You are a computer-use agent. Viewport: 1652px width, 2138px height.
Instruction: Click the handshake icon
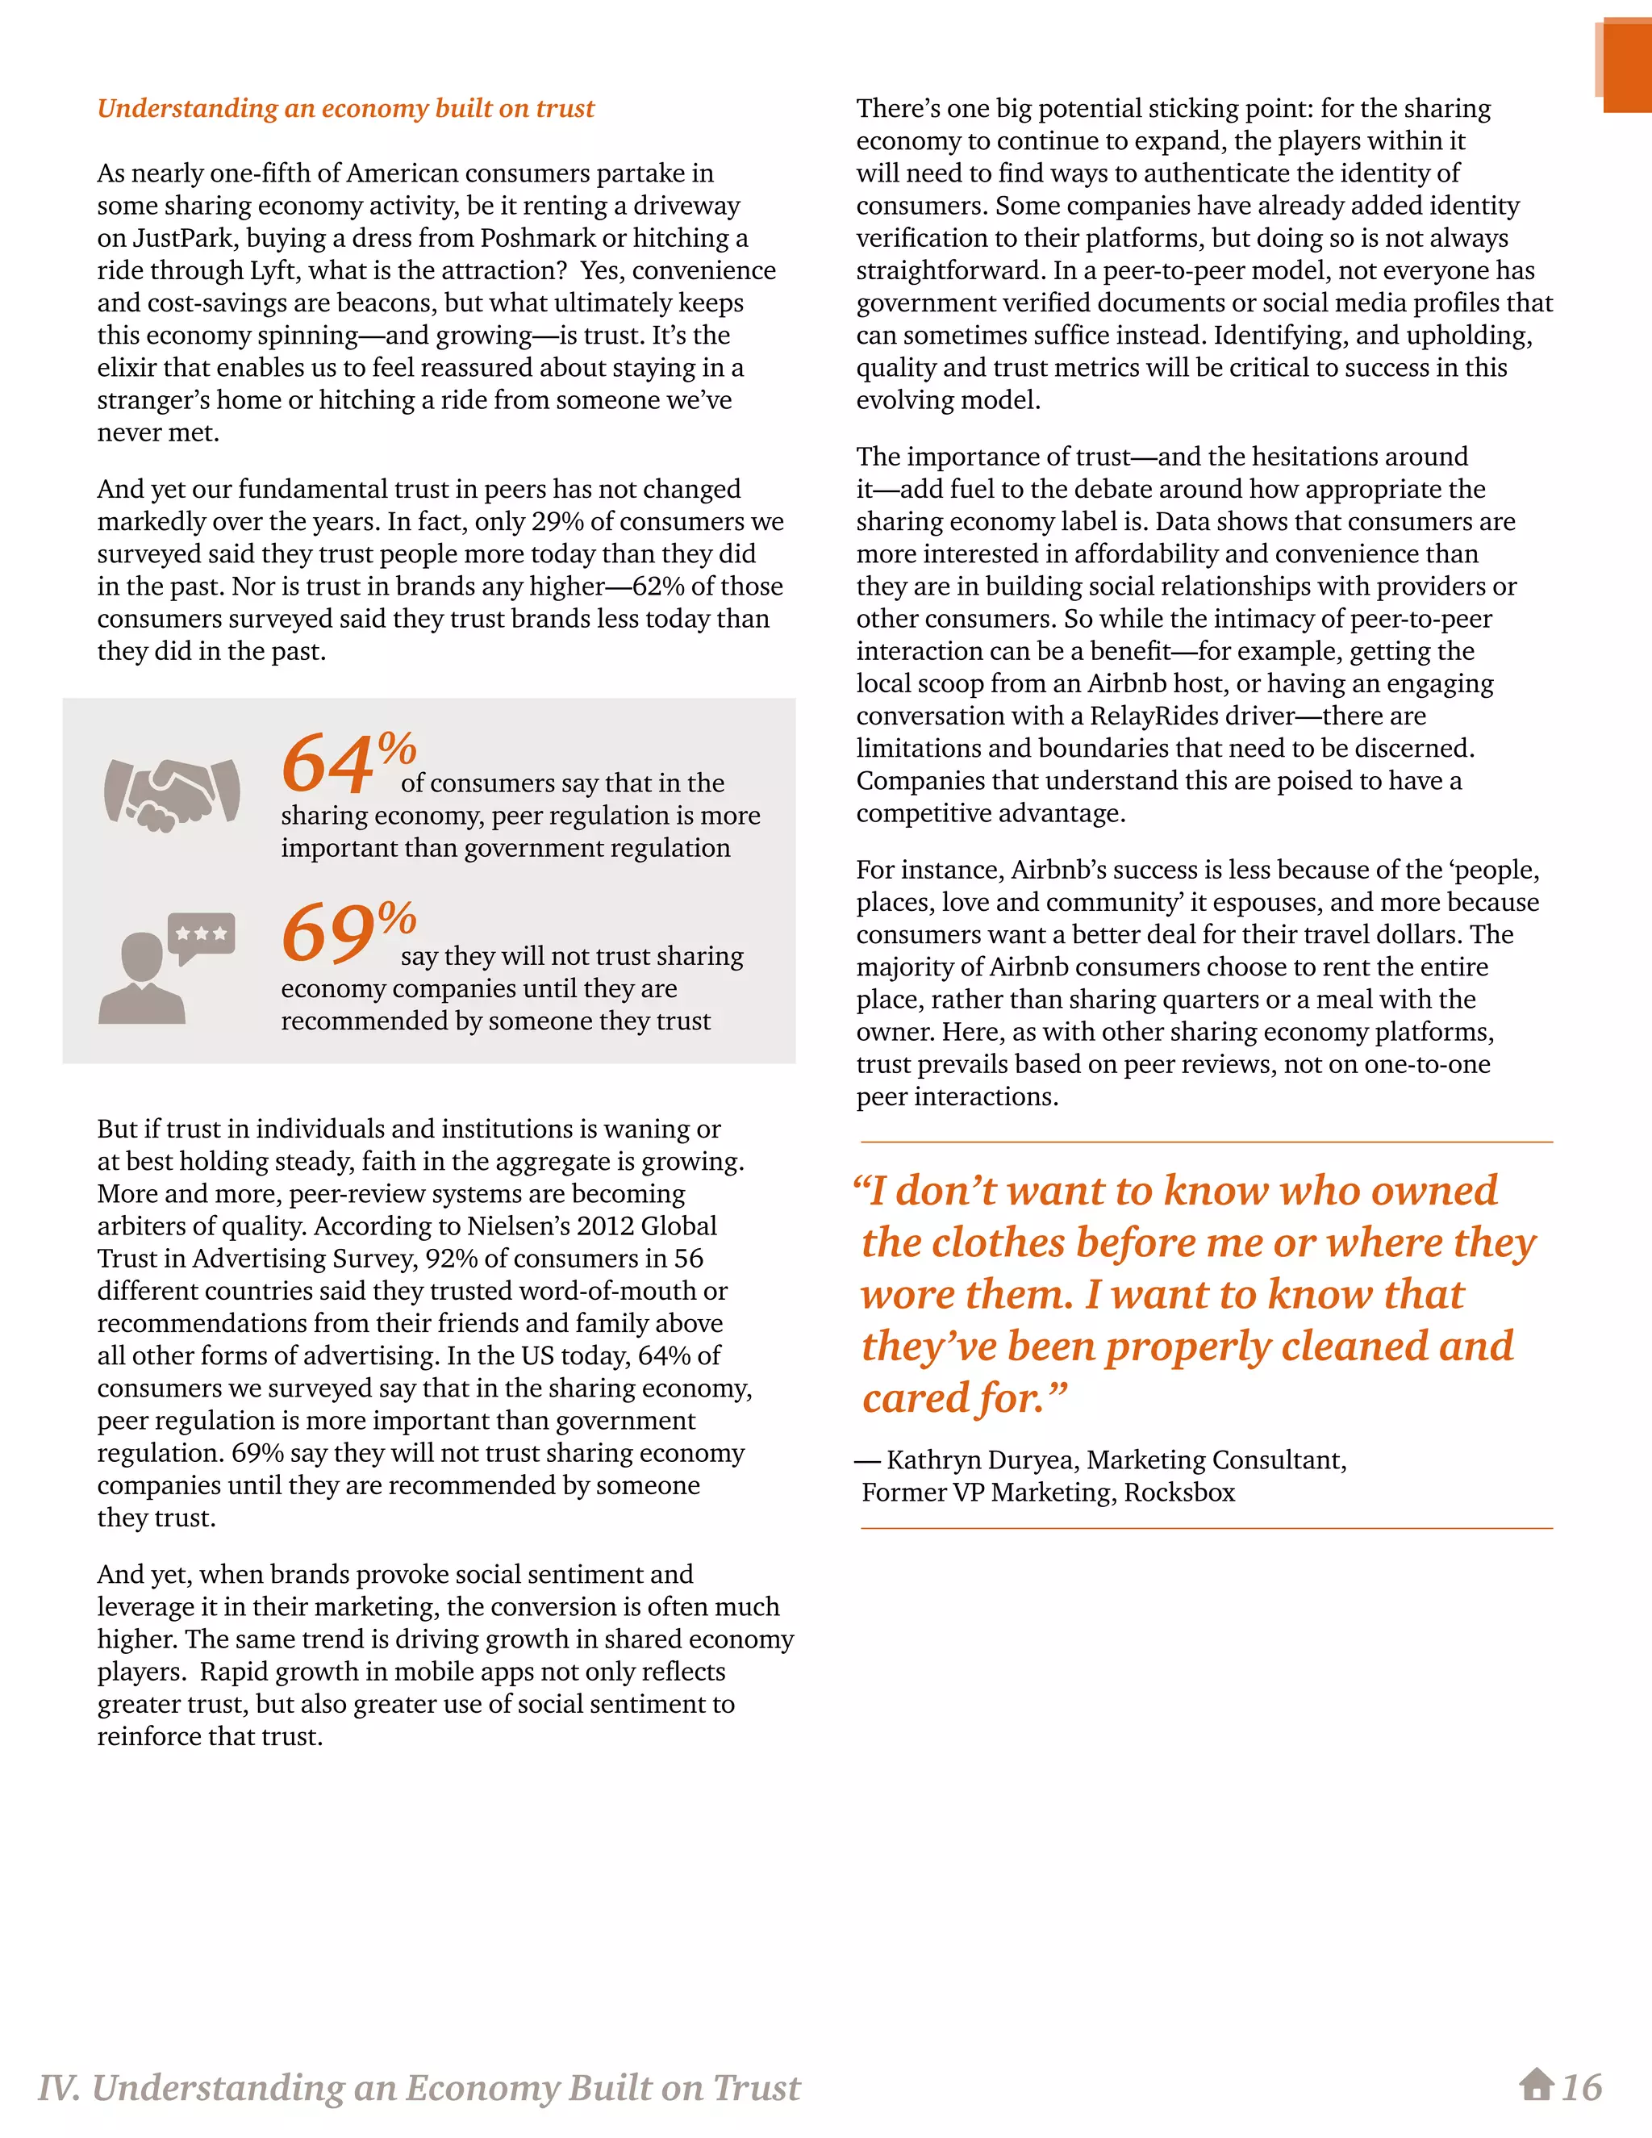pyautogui.click(x=173, y=794)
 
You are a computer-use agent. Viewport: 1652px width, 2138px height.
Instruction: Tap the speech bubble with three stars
pyautogui.click(x=202, y=936)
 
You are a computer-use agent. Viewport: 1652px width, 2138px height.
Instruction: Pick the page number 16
pyautogui.click(x=1582, y=2086)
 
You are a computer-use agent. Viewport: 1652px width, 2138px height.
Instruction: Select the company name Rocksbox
pyautogui.click(x=1179, y=1492)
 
